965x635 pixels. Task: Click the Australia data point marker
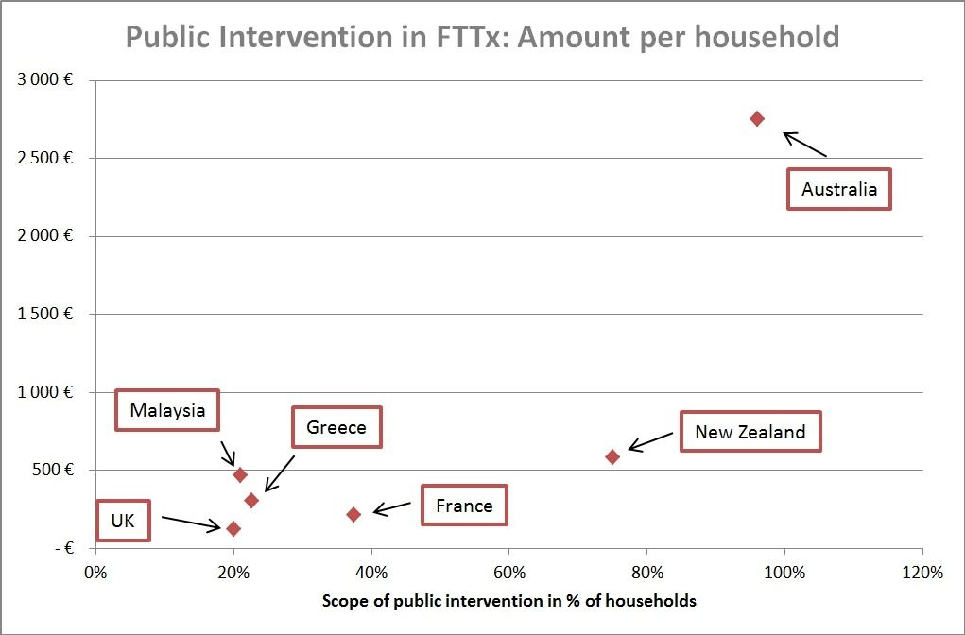pos(757,118)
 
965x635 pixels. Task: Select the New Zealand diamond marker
pos(612,456)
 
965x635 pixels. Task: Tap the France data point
pos(353,514)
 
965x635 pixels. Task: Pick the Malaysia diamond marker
pos(240,474)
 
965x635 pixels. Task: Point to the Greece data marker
pos(251,500)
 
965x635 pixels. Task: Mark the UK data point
pos(233,528)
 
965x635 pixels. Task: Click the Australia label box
pos(839,189)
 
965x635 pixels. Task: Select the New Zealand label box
pos(750,432)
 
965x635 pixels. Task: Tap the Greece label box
pos(336,427)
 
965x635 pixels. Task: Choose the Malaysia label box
pos(167,410)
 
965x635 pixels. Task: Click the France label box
pos(464,506)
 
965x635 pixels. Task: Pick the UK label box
pos(123,521)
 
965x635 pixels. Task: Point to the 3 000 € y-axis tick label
pos(45,80)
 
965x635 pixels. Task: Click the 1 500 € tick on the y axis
pos(45,314)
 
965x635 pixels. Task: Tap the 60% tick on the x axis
pos(508,573)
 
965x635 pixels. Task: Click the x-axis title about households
pos(509,600)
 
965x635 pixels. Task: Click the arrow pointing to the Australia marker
pos(804,144)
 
